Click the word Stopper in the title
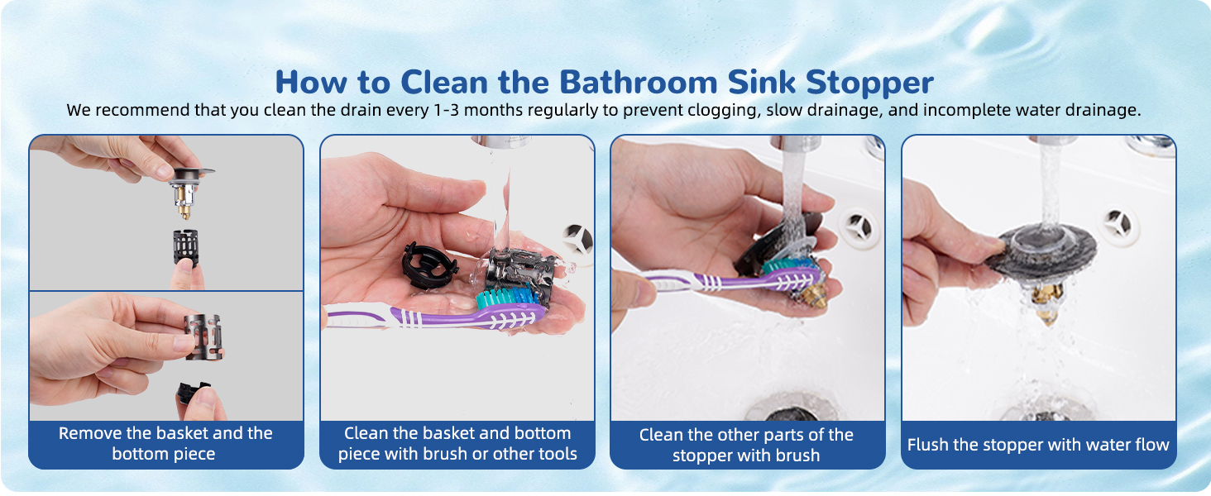pyautogui.click(x=869, y=82)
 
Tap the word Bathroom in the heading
pyautogui.click(x=638, y=82)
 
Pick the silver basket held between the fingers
pyautogui.click(x=203, y=336)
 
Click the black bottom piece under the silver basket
pyautogui.click(x=193, y=394)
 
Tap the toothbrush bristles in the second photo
pyautogui.click(x=506, y=297)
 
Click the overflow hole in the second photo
pyautogui.click(x=578, y=239)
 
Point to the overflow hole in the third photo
pyautogui.click(x=859, y=227)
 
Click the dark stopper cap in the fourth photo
pyautogui.click(x=1041, y=250)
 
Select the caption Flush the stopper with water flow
pyautogui.click(x=1038, y=445)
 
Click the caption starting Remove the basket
pyautogui.click(x=165, y=444)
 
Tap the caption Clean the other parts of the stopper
pyautogui.click(x=746, y=445)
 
